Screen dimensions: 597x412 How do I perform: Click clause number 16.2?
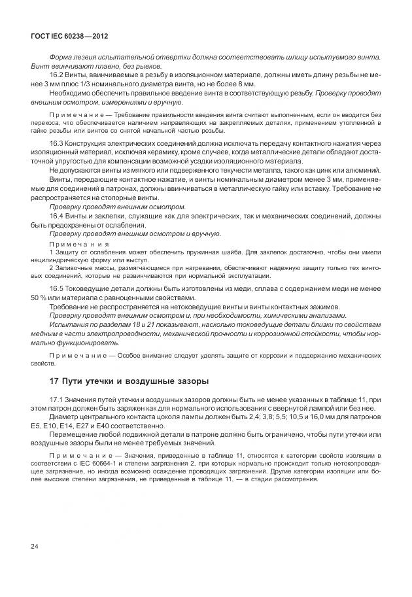click(58, 75)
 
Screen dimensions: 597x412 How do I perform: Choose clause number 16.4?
click(58, 215)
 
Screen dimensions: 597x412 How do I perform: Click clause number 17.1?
click(58, 398)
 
